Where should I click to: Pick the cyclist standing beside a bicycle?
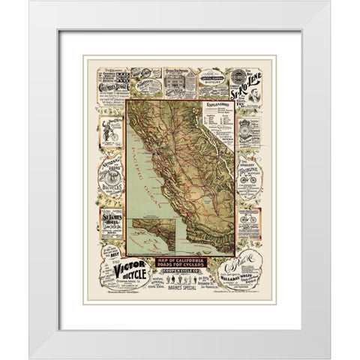(x=110, y=131)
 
